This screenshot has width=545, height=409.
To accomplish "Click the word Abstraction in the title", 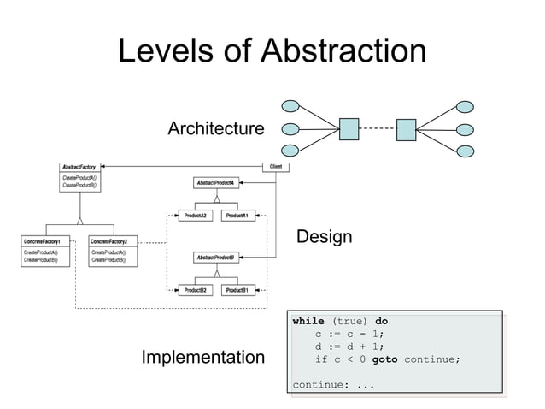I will (x=342, y=51).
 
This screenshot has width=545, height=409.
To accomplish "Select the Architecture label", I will (x=215, y=129).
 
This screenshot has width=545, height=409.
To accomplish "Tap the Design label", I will (x=324, y=237).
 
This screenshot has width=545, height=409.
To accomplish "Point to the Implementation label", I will (x=203, y=356).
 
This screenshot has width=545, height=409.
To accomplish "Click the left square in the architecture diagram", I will (x=349, y=129).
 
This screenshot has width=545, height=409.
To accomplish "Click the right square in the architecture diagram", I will (x=405, y=129).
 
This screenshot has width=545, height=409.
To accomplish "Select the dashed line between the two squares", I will (x=377, y=129).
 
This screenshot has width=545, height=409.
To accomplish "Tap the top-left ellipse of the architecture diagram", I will (x=290, y=108).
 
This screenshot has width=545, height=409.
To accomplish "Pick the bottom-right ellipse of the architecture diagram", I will (x=465, y=151).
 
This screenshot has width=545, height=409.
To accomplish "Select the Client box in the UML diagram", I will (x=276, y=166).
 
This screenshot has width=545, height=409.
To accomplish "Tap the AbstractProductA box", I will (x=218, y=183).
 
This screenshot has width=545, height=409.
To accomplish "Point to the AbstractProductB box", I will (x=218, y=258).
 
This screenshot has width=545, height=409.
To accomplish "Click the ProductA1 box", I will (x=237, y=216).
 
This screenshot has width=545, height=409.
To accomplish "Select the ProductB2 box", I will (x=196, y=291).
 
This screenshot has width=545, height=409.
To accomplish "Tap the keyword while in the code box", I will (x=308, y=322).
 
